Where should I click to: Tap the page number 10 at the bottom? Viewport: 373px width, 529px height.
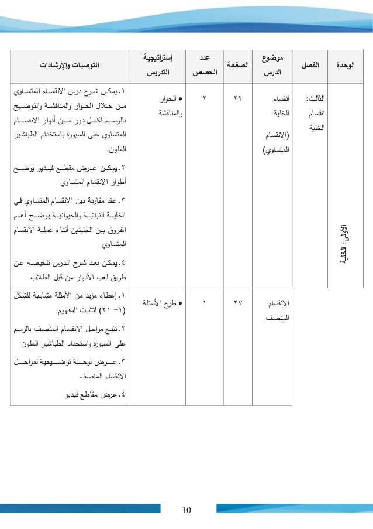pyautogui.click(x=186, y=510)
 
